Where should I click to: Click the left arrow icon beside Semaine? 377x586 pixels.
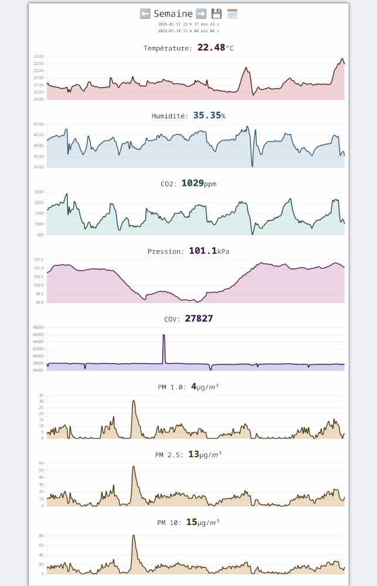(x=145, y=13)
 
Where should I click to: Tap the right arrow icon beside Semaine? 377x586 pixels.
(x=201, y=13)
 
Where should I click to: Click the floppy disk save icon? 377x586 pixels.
(x=216, y=13)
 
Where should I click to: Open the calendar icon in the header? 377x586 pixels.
(x=232, y=13)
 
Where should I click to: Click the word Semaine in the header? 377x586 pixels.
(x=173, y=13)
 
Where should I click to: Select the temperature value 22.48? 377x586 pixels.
(x=211, y=47)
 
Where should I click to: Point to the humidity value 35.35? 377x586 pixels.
(x=207, y=115)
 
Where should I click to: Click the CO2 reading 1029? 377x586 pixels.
(x=192, y=183)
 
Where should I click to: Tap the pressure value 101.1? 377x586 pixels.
(x=202, y=251)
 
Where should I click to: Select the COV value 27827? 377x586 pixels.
(x=199, y=319)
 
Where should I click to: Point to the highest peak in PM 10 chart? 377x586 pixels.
(x=134, y=536)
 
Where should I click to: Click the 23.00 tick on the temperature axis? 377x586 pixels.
(x=38, y=56)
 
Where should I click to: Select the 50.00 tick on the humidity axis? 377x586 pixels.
(x=38, y=124)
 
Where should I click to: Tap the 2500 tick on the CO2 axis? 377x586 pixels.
(x=39, y=192)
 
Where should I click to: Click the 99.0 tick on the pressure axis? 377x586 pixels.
(x=39, y=302)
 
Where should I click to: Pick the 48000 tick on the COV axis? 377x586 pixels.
(x=38, y=328)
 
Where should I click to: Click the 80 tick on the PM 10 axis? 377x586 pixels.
(x=41, y=536)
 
